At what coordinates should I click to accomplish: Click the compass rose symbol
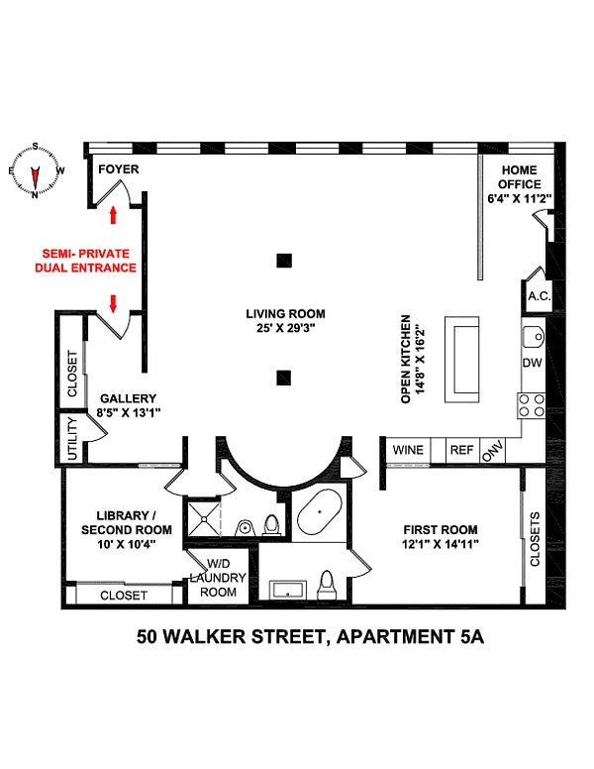click(x=36, y=170)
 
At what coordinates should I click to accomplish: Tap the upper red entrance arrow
click(x=113, y=214)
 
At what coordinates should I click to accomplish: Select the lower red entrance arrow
click(x=113, y=304)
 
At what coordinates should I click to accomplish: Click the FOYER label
click(x=119, y=169)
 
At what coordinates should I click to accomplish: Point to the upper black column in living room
click(x=284, y=261)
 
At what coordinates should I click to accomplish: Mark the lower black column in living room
click(x=284, y=378)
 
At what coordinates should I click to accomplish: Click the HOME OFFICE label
click(x=520, y=177)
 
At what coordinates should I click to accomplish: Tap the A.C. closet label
click(x=540, y=296)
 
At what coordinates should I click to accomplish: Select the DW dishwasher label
click(x=533, y=363)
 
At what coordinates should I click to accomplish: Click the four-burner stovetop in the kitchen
click(x=532, y=405)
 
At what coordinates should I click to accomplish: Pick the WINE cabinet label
click(x=408, y=450)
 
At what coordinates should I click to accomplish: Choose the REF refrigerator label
click(x=462, y=450)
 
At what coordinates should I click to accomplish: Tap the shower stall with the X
click(x=203, y=517)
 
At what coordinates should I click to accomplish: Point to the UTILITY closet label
click(x=72, y=438)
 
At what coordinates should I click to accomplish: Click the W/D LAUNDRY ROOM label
click(x=218, y=578)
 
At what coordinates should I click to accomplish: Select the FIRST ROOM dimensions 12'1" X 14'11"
click(x=441, y=544)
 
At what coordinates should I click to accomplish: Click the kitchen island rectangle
click(x=461, y=360)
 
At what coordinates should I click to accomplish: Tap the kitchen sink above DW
click(x=534, y=337)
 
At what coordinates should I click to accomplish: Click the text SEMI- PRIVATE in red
click(x=86, y=254)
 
